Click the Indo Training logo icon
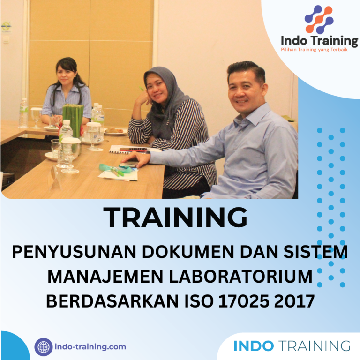(x=319, y=19)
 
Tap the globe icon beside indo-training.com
(x=44, y=347)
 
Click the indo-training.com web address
(x=90, y=347)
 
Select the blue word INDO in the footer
(x=254, y=346)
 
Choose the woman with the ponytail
(x=66, y=89)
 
